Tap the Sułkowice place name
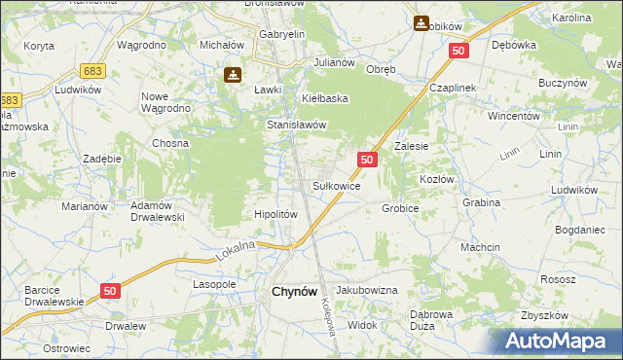click(337, 185)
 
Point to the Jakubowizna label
click(367, 290)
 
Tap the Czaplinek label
click(453, 88)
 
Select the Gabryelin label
click(282, 34)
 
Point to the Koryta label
click(39, 46)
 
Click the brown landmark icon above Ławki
click(234, 74)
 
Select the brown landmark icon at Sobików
click(421, 22)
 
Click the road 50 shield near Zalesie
click(367, 159)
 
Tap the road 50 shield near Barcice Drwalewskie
click(109, 291)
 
